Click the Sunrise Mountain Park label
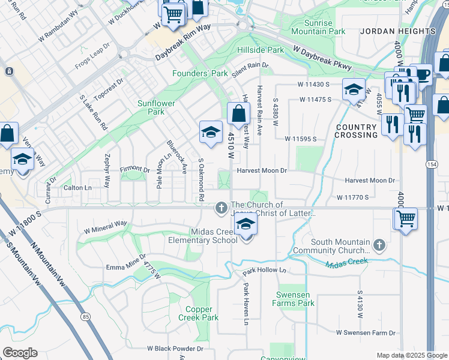[318, 26]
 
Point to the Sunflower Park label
[155, 107]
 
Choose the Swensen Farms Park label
[295, 299]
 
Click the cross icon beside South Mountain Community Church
[379, 244]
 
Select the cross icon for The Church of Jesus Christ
[221, 208]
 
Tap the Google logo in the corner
[20, 353]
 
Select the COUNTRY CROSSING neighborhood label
[357, 131]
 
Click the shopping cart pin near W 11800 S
[406, 218]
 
